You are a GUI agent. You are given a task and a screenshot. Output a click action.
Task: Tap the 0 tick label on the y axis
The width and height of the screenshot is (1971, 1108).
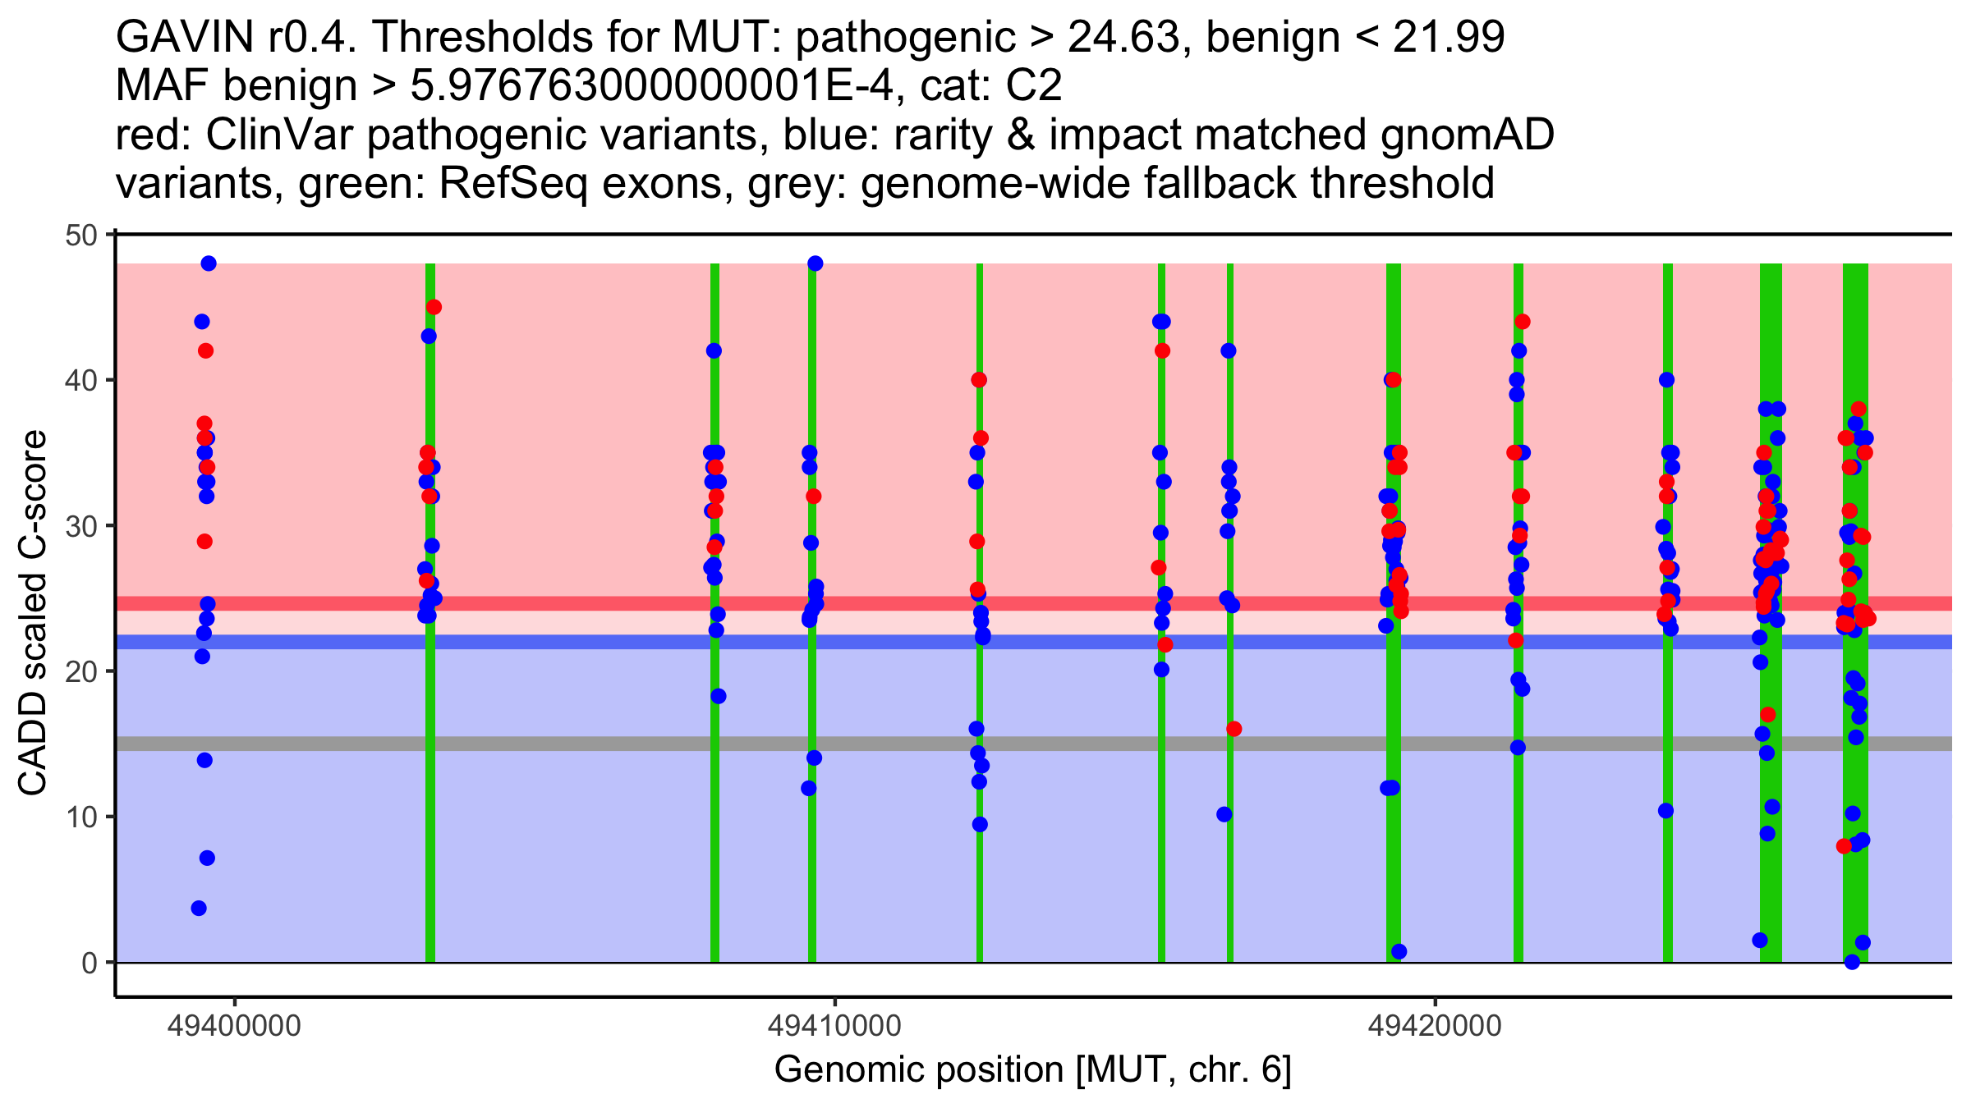tap(89, 963)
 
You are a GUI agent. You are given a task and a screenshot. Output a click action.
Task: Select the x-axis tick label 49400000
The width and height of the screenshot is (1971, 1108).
tap(234, 1026)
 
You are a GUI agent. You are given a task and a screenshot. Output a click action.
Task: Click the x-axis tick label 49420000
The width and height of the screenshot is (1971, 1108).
tap(1435, 1026)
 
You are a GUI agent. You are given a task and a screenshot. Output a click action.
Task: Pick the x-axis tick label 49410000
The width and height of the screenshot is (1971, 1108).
tap(834, 1026)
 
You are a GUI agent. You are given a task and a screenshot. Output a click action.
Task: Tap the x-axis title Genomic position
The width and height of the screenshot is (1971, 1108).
tap(1032, 1070)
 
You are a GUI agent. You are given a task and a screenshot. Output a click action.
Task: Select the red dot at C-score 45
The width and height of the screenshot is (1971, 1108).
tap(434, 307)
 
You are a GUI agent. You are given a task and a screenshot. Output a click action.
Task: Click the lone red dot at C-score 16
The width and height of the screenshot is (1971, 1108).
tap(1234, 729)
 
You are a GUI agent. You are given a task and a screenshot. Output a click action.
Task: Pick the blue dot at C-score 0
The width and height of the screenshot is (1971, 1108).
tap(1852, 962)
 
